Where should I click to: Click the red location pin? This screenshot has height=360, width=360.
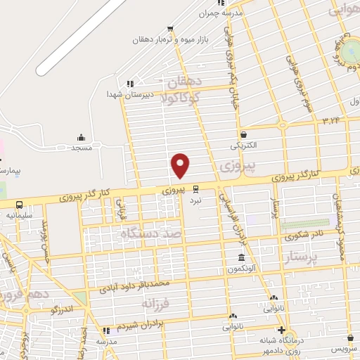[x=181, y=165]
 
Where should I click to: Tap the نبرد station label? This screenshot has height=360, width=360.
[x=195, y=200]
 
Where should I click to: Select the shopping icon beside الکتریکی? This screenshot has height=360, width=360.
[x=243, y=134]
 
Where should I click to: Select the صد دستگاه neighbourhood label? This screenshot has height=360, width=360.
[x=150, y=233]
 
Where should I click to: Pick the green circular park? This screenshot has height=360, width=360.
[x=351, y=50]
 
